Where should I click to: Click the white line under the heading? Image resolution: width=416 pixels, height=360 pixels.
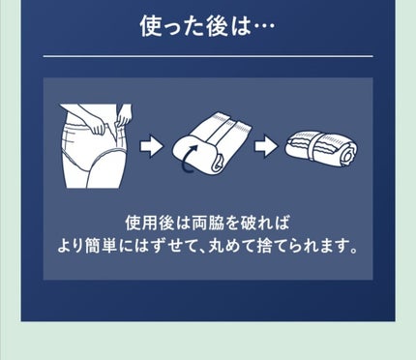(x=208, y=56)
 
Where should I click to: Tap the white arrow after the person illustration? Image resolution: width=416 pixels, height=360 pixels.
(x=151, y=146)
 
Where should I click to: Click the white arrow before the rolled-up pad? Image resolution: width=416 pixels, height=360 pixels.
(x=265, y=146)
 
